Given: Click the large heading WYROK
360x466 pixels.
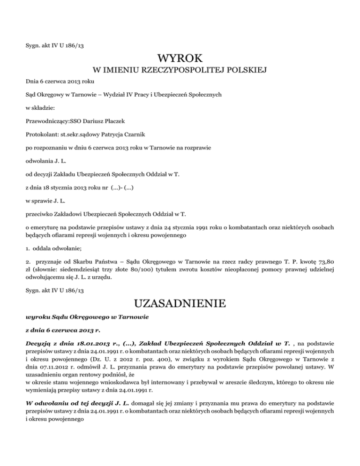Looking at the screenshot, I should coord(180,59).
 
